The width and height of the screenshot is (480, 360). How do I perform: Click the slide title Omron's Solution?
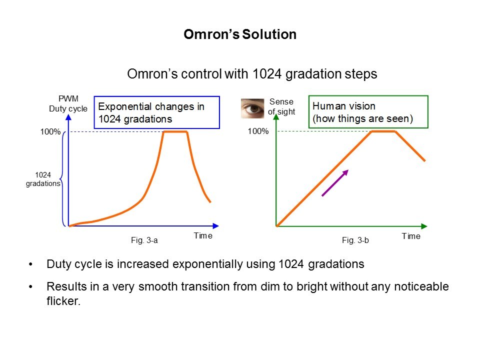coord(240,34)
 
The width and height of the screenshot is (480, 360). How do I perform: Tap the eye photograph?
coord(252,108)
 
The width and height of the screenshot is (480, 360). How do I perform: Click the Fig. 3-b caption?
coord(355,240)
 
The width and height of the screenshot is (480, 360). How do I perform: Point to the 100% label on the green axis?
coord(258,132)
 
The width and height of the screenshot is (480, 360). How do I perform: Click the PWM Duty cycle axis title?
coord(68,104)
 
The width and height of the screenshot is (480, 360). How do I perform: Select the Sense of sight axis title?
coord(281,107)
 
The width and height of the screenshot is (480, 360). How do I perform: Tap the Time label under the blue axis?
coord(203,236)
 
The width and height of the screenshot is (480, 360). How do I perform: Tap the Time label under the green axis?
coord(411,236)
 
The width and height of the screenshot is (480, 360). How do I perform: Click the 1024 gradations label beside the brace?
coord(43,179)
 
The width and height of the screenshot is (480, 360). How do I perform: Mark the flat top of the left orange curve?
coord(175,131)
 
